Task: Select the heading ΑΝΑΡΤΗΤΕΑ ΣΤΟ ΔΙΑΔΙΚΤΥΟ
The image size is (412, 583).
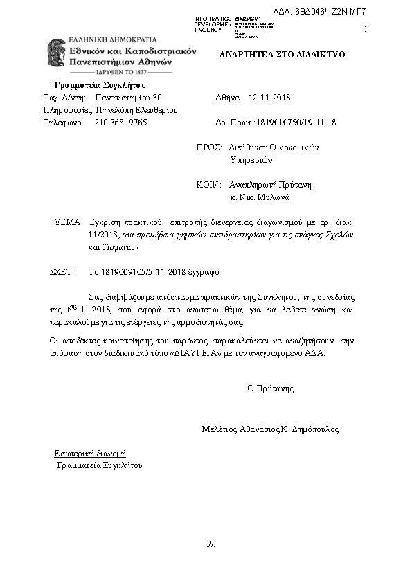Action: (x=282, y=54)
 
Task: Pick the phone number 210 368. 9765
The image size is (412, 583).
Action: (x=120, y=122)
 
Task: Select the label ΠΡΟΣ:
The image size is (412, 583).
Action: (x=209, y=147)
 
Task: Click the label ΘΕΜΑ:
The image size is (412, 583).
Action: (x=68, y=223)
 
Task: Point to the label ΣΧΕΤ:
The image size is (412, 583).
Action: (x=62, y=272)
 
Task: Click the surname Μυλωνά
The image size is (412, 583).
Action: (x=276, y=197)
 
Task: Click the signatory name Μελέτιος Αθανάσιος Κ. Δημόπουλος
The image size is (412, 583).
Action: (x=270, y=429)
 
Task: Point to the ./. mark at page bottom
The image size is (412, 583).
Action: (x=211, y=544)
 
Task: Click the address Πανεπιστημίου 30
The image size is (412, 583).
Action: (x=128, y=98)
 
